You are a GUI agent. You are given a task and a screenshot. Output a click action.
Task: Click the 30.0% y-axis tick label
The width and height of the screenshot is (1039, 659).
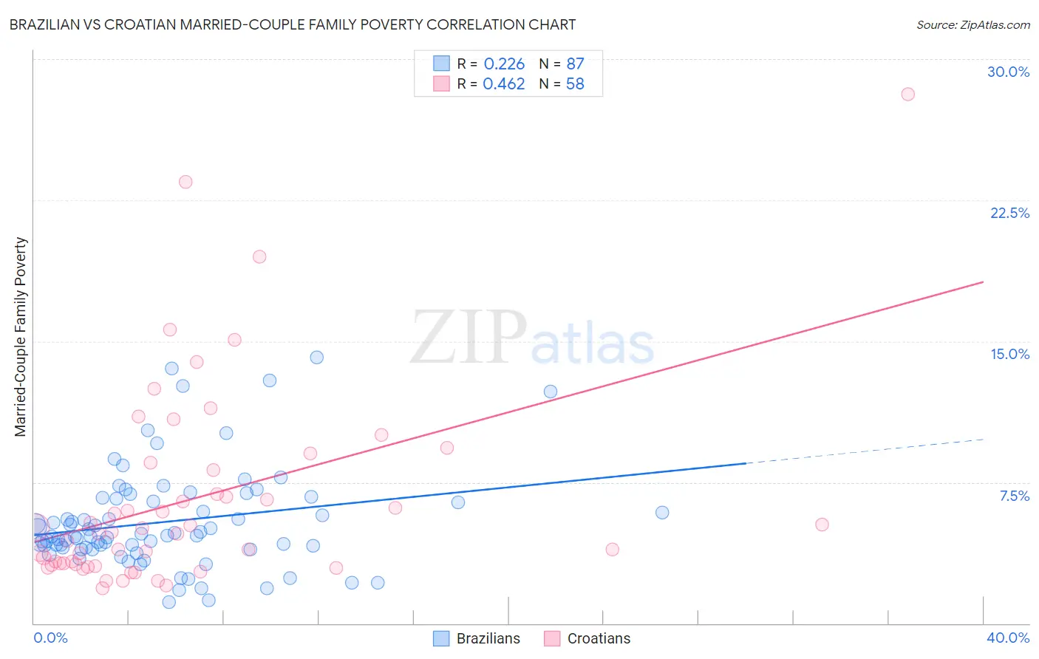(x=1008, y=72)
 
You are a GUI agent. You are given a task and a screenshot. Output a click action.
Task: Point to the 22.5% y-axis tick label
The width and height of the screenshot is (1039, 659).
(x=1009, y=213)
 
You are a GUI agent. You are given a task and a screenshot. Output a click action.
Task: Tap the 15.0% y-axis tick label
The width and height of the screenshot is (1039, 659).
(x=1009, y=354)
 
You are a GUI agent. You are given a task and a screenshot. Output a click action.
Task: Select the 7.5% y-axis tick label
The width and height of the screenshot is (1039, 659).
(x=1014, y=496)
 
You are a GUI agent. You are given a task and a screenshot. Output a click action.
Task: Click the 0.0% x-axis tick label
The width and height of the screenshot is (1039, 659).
(x=50, y=638)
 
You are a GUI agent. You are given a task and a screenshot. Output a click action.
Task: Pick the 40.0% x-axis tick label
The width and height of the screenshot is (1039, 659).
(x=1007, y=638)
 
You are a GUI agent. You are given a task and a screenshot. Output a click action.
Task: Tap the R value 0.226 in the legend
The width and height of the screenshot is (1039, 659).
(x=504, y=64)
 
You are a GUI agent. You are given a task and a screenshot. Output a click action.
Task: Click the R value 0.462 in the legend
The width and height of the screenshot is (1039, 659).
(x=504, y=84)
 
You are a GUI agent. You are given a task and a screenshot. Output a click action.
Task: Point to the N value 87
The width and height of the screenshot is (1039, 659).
(x=575, y=64)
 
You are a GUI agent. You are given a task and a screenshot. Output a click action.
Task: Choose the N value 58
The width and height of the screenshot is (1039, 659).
(x=575, y=84)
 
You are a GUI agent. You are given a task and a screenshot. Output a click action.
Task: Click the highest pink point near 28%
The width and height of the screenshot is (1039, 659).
(x=907, y=94)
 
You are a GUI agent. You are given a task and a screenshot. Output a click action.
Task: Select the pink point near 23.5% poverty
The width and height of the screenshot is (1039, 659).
(x=185, y=182)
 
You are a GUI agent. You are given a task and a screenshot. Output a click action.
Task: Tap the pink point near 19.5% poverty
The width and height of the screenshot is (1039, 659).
(x=259, y=256)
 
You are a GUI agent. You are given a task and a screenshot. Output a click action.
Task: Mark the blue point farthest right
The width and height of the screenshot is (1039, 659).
(x=662, y=513)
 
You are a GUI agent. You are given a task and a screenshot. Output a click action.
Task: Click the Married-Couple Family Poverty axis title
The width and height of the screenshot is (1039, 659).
(x=21, y=337)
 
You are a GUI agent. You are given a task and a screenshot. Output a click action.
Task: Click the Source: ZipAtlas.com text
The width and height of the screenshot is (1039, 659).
(x=972, y=25)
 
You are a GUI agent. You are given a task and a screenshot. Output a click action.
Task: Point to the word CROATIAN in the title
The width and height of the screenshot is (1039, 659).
(x=164, y=24)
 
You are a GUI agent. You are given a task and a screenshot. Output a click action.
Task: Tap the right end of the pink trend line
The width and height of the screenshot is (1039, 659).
(x=983, y=282)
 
